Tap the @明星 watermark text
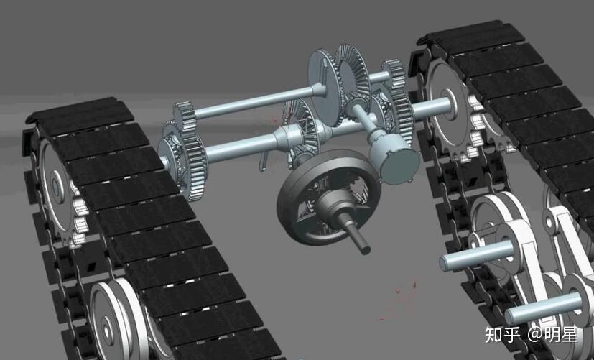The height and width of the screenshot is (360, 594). click(x=553, y=335)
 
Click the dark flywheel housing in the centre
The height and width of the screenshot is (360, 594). click(x=329, y=197)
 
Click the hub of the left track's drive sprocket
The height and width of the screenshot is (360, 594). click(x=56, y=186)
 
